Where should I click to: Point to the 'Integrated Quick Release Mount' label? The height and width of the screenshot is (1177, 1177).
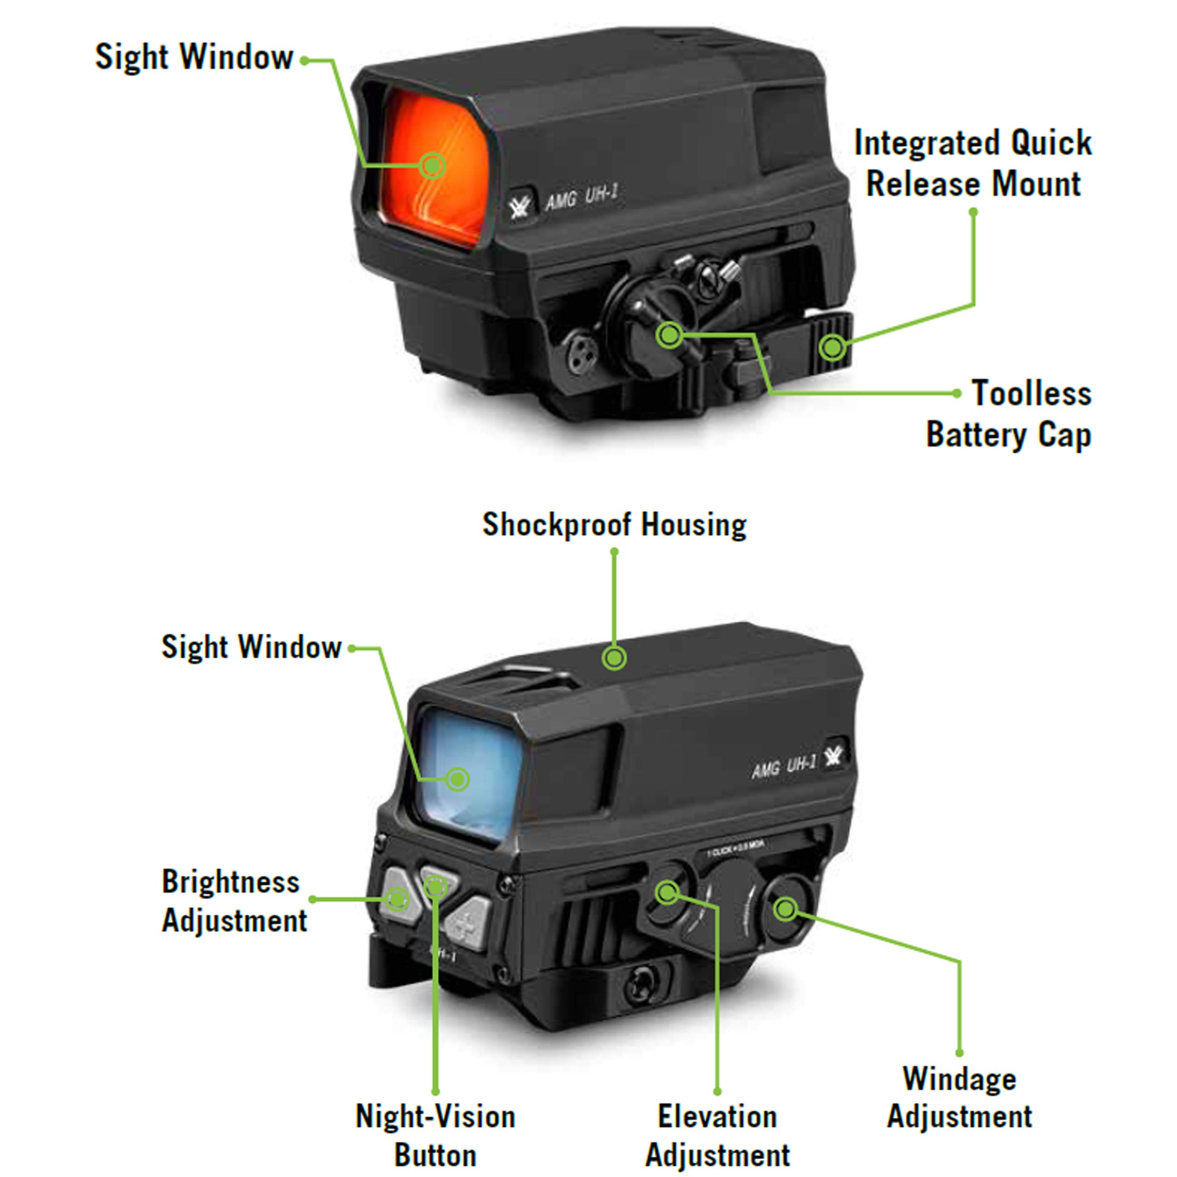pyautogui.click(x=973, y=163)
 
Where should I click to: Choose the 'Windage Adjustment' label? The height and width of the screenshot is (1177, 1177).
pyautogui.click(x=960, y=1098)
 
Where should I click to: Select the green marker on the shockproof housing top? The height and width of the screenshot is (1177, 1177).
pyautogui.click(x=614, y=658)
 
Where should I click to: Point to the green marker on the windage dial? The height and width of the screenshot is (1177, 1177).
pyautogui.click(x=785, y=909)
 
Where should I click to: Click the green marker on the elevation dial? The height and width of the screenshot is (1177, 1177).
pyautogui.click(x=667, y=892)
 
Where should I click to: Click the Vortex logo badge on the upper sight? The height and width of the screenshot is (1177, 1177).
pyautogui.click(x=520, y=206)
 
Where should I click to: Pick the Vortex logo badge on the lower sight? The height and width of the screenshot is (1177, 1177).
pyautogui.click(x=833, y=757)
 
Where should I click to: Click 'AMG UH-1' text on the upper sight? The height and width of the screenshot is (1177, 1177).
pyautogui.click(x=582, y=197)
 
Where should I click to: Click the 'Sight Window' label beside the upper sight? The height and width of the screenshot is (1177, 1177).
pyautogui.click(x=194, y=57)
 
